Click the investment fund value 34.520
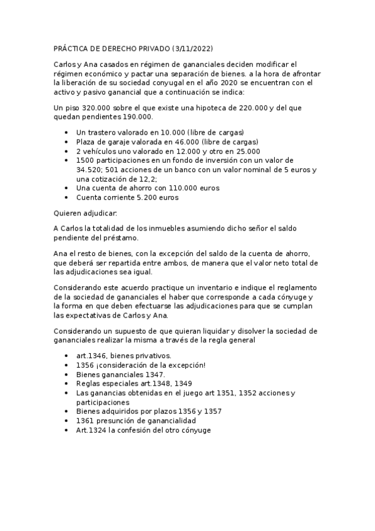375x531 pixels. [89, 170]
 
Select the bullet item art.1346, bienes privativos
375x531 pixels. [119, 356]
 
